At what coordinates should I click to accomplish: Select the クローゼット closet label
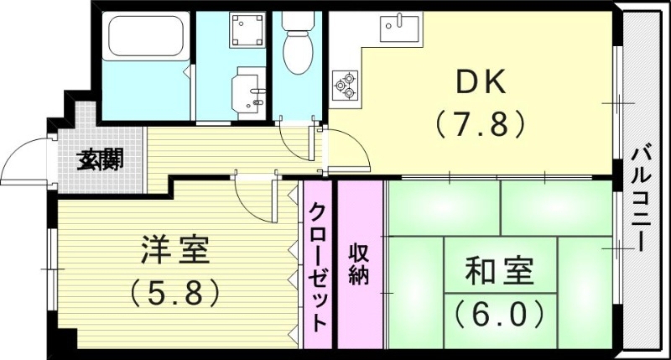click(x=318, y=267)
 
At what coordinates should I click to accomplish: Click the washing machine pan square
click(x=248, y=30)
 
